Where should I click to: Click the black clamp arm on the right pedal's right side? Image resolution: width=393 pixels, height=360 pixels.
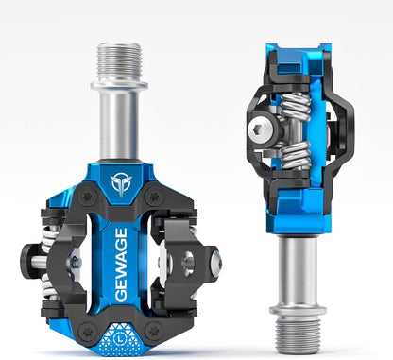(x=344, y=132)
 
